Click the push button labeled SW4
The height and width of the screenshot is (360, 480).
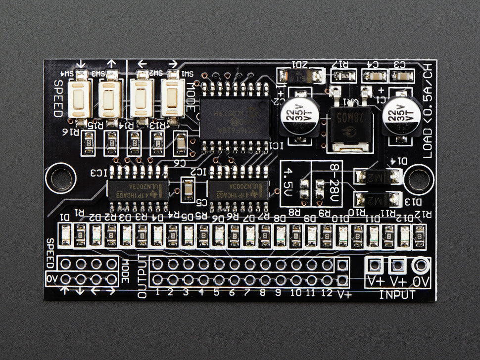click(79, 98)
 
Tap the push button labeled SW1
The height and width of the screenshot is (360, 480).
click(172, 98)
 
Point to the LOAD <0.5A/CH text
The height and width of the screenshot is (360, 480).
click(428, 112)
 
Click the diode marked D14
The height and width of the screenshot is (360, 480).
click(377, 176)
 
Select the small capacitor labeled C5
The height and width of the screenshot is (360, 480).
click(188, 190)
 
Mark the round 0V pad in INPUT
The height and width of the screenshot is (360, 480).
click(422, 266)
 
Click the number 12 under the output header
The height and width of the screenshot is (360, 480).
click(327, 292)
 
